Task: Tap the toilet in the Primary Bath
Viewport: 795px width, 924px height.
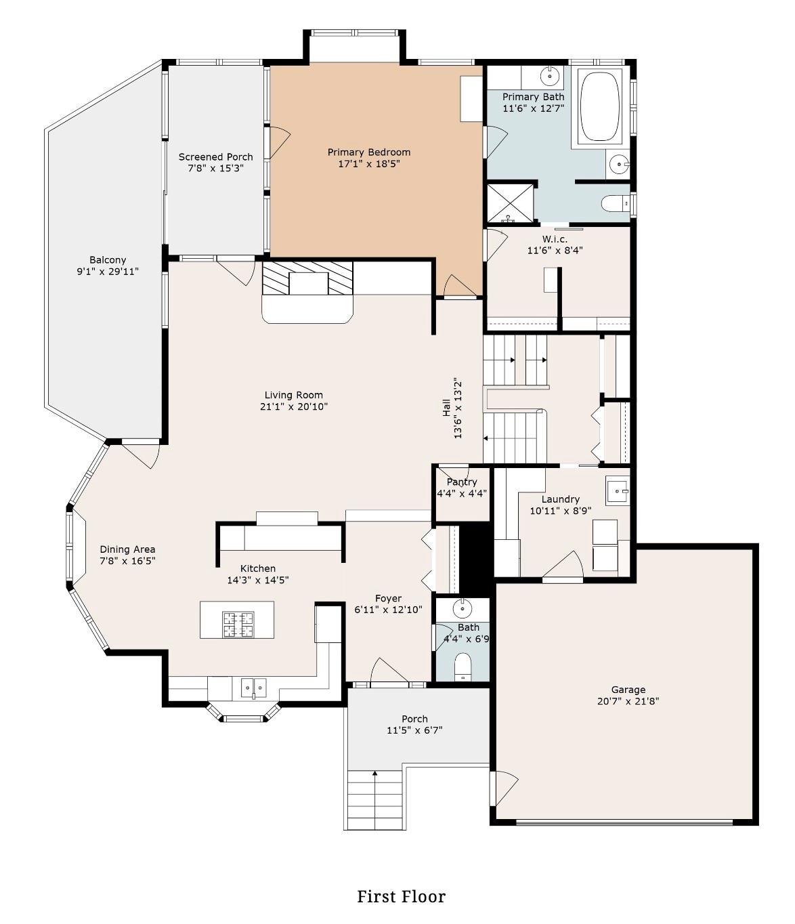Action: pos(615,203)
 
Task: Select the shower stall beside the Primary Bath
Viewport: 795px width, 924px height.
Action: pos(510,203)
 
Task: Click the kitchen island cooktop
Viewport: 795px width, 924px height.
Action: pos(238,624)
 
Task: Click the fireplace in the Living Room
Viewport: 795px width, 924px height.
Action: pos(308,280)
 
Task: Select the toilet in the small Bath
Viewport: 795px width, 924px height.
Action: pos(463,666)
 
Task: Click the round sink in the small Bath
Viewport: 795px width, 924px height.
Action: pos(463,608)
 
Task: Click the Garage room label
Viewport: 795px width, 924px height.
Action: pos(628,690)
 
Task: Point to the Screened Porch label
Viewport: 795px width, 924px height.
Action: pos(215,156)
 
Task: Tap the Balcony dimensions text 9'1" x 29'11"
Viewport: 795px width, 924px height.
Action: pos(108,272)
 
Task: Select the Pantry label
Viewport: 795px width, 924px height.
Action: pos(462,482)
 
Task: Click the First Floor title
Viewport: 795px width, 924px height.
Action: pos(401,896)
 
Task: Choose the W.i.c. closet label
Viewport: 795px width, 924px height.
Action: pos(555,238)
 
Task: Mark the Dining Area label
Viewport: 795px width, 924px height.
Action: pos(127,549)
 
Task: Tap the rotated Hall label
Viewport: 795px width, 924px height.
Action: pos(447,408)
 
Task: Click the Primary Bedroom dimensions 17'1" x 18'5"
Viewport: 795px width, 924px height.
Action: pos(369,163)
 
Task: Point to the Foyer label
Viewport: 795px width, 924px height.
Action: pos(388,598)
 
